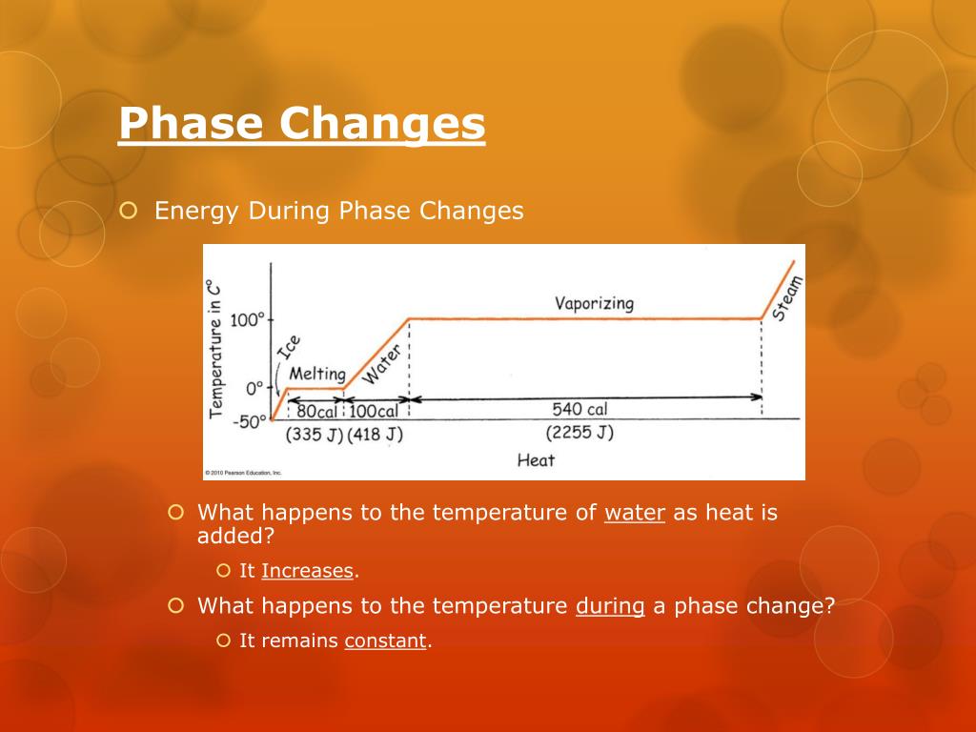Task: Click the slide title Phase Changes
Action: tap(301, 124)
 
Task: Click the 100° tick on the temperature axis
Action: tap(246, 319)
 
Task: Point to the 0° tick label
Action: tap(254, 389)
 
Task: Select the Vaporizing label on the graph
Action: tap(594, 303)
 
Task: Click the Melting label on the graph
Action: tap(316, 374)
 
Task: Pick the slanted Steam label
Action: tap(787, 298)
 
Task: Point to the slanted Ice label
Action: tap(288, 348)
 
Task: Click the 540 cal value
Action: tap(579, 409)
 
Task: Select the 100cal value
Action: tap(373, 412)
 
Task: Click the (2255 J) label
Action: tap(579, 433)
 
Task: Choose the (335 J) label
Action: tap(314, 435)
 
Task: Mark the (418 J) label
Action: tap(375, 435)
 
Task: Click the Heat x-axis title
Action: tap(536, 460)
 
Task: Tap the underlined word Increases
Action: tap(307, 571)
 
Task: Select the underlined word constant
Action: tap(385, 641)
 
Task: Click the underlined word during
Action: tap(610, 606)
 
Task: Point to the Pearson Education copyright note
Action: tap(244, 473)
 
